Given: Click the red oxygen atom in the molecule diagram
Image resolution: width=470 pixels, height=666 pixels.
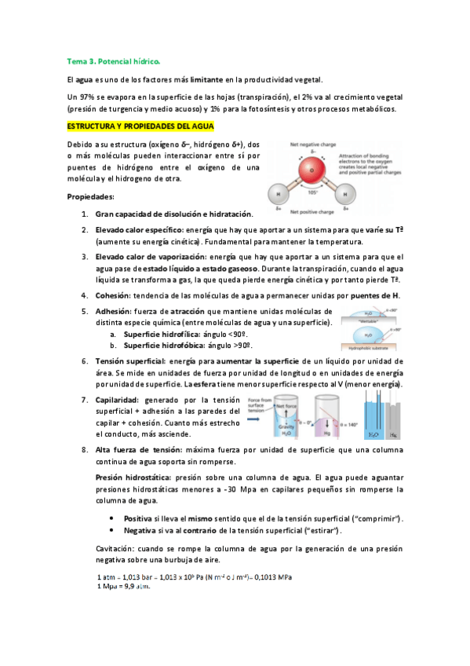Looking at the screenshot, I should [313, 170].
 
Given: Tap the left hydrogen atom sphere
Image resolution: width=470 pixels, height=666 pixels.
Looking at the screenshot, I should [278, 193].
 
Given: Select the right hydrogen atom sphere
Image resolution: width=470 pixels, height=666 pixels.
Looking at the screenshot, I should [347, 194].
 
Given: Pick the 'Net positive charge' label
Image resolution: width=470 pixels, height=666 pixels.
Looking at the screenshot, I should [313, 212].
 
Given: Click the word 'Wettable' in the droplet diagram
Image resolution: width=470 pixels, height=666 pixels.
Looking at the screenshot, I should [369, 320].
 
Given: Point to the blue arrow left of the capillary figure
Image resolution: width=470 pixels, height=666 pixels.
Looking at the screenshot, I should [256, 418].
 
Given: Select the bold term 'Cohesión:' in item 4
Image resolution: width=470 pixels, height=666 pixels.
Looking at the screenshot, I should [115, 295].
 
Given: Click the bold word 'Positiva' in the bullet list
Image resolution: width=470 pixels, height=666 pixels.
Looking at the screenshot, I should [138, 519].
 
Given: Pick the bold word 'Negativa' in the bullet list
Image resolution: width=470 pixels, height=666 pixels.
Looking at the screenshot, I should [140, 531].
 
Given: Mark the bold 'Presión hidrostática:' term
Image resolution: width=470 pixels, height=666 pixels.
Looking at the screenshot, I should [134, 477].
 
